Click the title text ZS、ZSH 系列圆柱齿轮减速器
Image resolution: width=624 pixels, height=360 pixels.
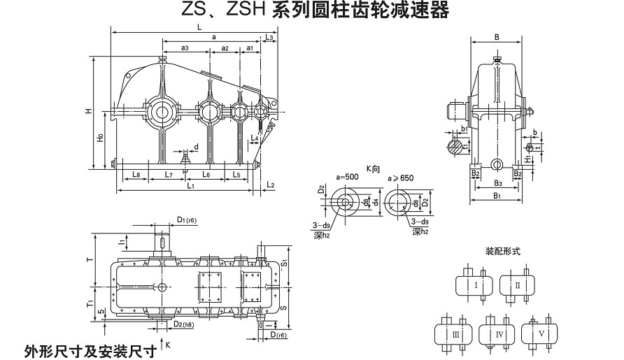click(311, 9)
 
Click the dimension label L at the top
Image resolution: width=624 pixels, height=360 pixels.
click(200, 27)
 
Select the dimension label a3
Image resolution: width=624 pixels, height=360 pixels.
click(185, 48)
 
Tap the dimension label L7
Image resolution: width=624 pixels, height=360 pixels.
click(168, 173)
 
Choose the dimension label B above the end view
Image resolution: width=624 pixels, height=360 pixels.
click(496, 36)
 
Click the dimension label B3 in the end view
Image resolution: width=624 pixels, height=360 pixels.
click(497, 183)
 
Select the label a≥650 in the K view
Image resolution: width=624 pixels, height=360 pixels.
click(400, 178)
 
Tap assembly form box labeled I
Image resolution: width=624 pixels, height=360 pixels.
click(476, 285)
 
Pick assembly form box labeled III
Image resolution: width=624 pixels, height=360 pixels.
click(455, 334)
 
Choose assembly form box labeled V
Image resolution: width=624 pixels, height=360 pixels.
click(542, 333)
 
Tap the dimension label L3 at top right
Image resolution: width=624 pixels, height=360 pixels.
click(269, 36)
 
